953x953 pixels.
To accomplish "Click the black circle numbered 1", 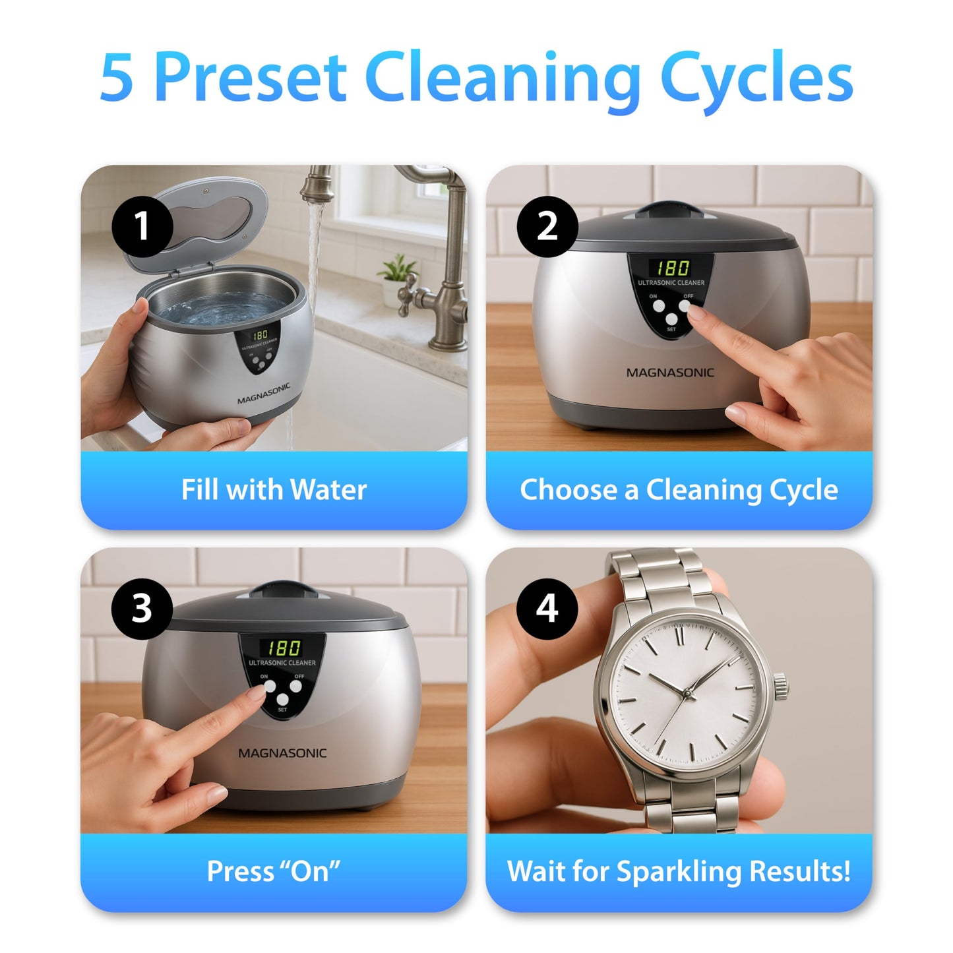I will pyautogui.click(x=142, y=226).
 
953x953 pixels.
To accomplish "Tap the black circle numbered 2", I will pyautogui.click(x=547, y=226).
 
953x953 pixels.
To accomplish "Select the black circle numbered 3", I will pyautogui.click(x=142, y=608).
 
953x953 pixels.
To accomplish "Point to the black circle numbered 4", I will pyautogui.click(x=547, y=608).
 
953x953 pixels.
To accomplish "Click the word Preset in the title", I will pyautogui.click(x=251, y=78).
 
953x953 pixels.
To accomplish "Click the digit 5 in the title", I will pyautogui.click(x=117, y=78).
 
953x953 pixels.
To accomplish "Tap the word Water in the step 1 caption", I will pyautogui.click(x=328, y=490).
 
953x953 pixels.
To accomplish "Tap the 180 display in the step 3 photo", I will pyautogui.click(x=284, y=647).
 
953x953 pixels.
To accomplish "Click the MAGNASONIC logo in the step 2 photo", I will pyautogui.click(x=670, y=373).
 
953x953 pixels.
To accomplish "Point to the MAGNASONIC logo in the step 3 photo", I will pyautogui.click(x=282, y=753).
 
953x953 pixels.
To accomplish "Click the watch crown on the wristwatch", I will pyautogui.click(x=781, y=687).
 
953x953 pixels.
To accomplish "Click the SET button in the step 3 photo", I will pyautogui.click(x=283, y=700).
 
